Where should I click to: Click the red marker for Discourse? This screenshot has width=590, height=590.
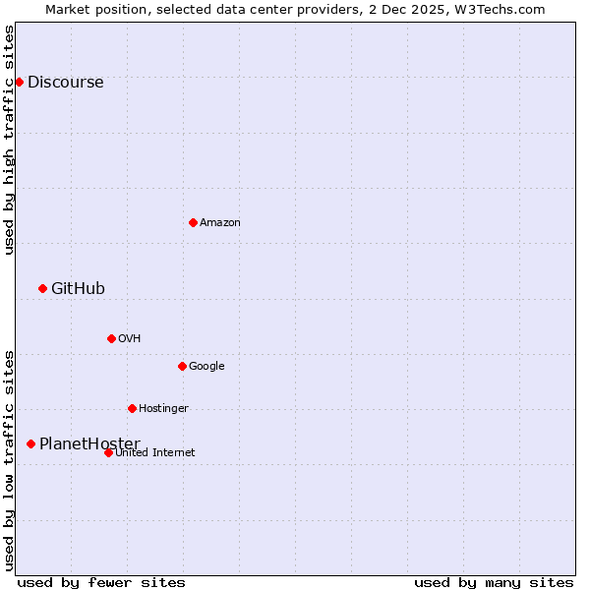click(19, 82)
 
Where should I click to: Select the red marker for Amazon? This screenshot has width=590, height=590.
click(193, 222)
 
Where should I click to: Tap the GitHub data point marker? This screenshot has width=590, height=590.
click(42, 288)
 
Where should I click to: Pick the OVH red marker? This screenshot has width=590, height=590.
click(111, 338)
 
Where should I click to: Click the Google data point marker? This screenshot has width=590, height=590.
click(182, 366)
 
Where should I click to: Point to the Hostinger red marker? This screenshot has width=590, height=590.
click(132, 408)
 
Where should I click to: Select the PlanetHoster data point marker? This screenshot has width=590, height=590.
click(30, 443)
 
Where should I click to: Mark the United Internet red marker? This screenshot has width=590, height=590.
click(108, 452)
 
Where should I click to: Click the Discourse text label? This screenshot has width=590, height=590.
click(65, 82)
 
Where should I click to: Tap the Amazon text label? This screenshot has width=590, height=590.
click(220, 222)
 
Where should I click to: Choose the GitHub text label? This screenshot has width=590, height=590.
click(78, 288)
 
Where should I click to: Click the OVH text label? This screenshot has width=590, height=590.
click(130, 338)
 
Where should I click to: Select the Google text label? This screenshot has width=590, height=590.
click(206, 366)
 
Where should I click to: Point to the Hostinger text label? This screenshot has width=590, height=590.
click(163, 408)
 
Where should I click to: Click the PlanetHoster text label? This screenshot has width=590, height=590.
click(89, 443)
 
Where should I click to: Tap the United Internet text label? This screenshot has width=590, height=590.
click(154, 452)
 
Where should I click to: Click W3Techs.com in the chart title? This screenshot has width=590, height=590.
click(500, 9)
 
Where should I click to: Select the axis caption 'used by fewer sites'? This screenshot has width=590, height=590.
click(101, 582)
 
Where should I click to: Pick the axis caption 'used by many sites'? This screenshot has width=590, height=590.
click(494, 582)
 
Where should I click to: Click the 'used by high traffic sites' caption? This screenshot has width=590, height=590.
click(9, 140)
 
